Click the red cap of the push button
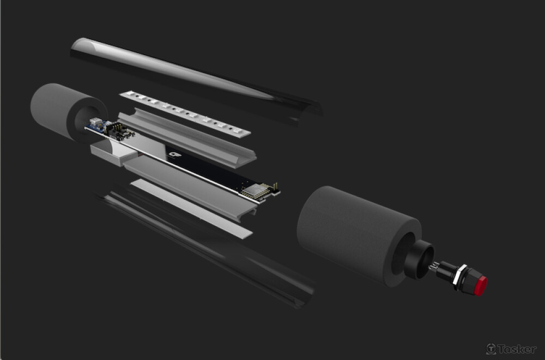pyautogui.click(x=480, y=286)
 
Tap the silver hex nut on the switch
pyautogui.click(x=459, y=276)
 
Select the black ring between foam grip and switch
pyautogui.click(x=419, y=259)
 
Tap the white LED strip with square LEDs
pyautogui.click(x=185, y=112)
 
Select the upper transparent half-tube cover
pyautogui.click(x=195, y=80)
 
